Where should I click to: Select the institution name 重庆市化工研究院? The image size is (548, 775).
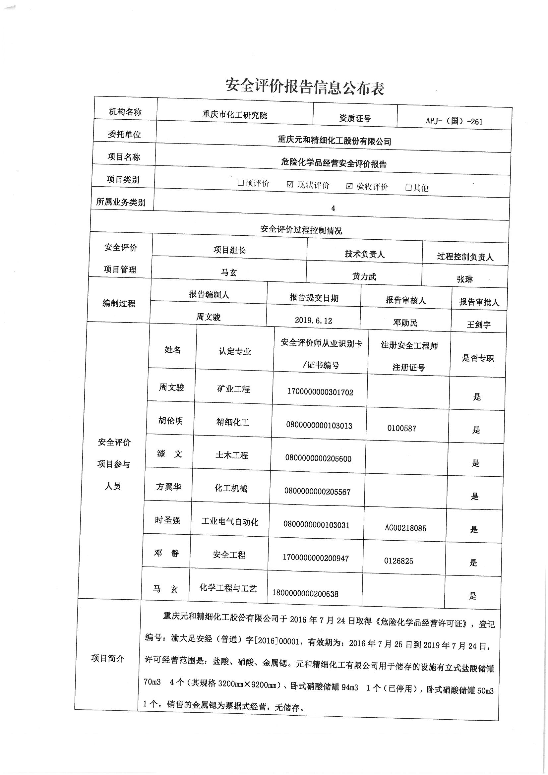pyautogui.click(x=235, y=115)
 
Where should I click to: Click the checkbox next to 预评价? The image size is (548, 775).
pyautogui.click(x=240, y=183)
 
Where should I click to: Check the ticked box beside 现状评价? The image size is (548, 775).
pyautogui.click(x=290, y=185)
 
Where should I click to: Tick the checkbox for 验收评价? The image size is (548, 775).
pyautogui.click(x=349, y=186)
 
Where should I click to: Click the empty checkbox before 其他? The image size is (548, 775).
pyautogui.click(x=408, y=188)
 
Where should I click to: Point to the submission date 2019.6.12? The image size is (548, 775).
pyautogui.click(x=313, y=320)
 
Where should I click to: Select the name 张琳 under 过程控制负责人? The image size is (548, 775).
pyautogui.click(x=464, y=279)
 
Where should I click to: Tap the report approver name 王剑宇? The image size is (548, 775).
pyautogui.click(x=478, y=325)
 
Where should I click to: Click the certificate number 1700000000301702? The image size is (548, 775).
pyautogui.click(x=320, y=392)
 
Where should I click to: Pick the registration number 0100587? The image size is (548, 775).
pyautogui.click(x=402, y=428)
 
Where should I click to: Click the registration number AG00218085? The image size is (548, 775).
pyautogui.click(x=405, y=528)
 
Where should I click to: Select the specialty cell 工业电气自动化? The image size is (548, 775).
pyautogui.click(x=230, y=522)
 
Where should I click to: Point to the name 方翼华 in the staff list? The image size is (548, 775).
pyautogui.click(x=168, y=487)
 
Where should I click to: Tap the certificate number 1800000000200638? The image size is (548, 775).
pyautogui.click(x=305, y=594)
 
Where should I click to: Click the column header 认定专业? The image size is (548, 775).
pyautogui.click(x=235, y=351)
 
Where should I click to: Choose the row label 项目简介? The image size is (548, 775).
pyautogui.click(x=108, y=658)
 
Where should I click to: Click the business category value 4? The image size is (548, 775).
pyautogui.click(x=333, y=208)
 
